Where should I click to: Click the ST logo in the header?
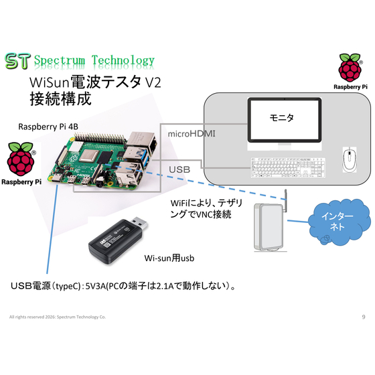pos(17,61)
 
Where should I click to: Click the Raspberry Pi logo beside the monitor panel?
pos(350,72)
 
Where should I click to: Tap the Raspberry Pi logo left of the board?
pos(21,164)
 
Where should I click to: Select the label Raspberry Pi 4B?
pos(48,127)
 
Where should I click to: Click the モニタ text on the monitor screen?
pos(281,118)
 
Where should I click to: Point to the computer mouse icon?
pos(350,159)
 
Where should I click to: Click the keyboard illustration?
pos(288,167)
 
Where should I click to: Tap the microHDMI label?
pos(192,134)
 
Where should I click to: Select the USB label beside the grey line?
pos(179,169)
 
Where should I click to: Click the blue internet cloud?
pos(339,222)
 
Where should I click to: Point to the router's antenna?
pos(285,201)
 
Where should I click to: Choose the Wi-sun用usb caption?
pos(169,258)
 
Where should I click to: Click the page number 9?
pos(364,317)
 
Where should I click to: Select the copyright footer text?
pos(58,317)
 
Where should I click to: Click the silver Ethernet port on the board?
pos(142,141)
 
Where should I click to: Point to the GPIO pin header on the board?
pos(100,137)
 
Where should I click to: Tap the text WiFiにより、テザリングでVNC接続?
pos(206,208)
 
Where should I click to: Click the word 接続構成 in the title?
pos(60,99)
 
